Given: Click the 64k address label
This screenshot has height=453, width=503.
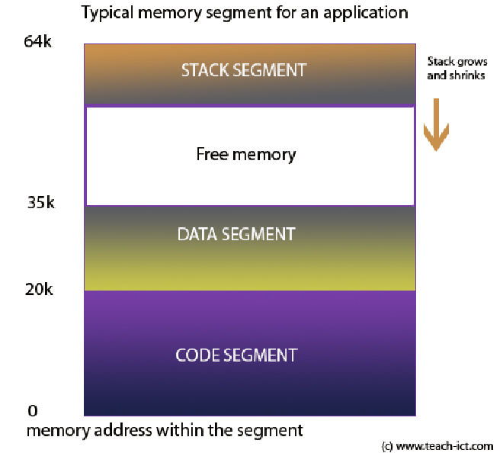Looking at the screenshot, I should point(37,42).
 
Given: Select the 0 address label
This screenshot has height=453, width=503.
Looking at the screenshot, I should point(32,411).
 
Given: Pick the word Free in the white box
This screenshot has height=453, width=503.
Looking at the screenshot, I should point(212,155).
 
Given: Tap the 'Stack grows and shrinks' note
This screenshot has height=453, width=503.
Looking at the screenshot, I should point(456,69).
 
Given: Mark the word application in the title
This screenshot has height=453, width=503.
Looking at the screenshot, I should point(370,13).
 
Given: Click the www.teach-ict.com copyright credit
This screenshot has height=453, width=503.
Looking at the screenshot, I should point(437,445).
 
